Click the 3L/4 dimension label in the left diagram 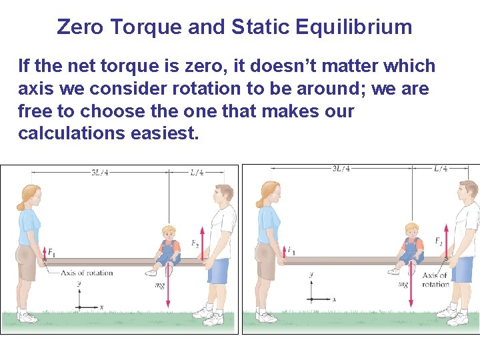[x=101, y=173]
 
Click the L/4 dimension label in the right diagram [x=441, y=169]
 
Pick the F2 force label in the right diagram [x=438, y=241]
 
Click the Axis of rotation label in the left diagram [x=87, y=273]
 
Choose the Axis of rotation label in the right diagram [x=435, y=279]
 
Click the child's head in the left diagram [x=169, y=233]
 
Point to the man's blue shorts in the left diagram [x=217, y=271]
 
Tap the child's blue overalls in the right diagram [x=411, y=251]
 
